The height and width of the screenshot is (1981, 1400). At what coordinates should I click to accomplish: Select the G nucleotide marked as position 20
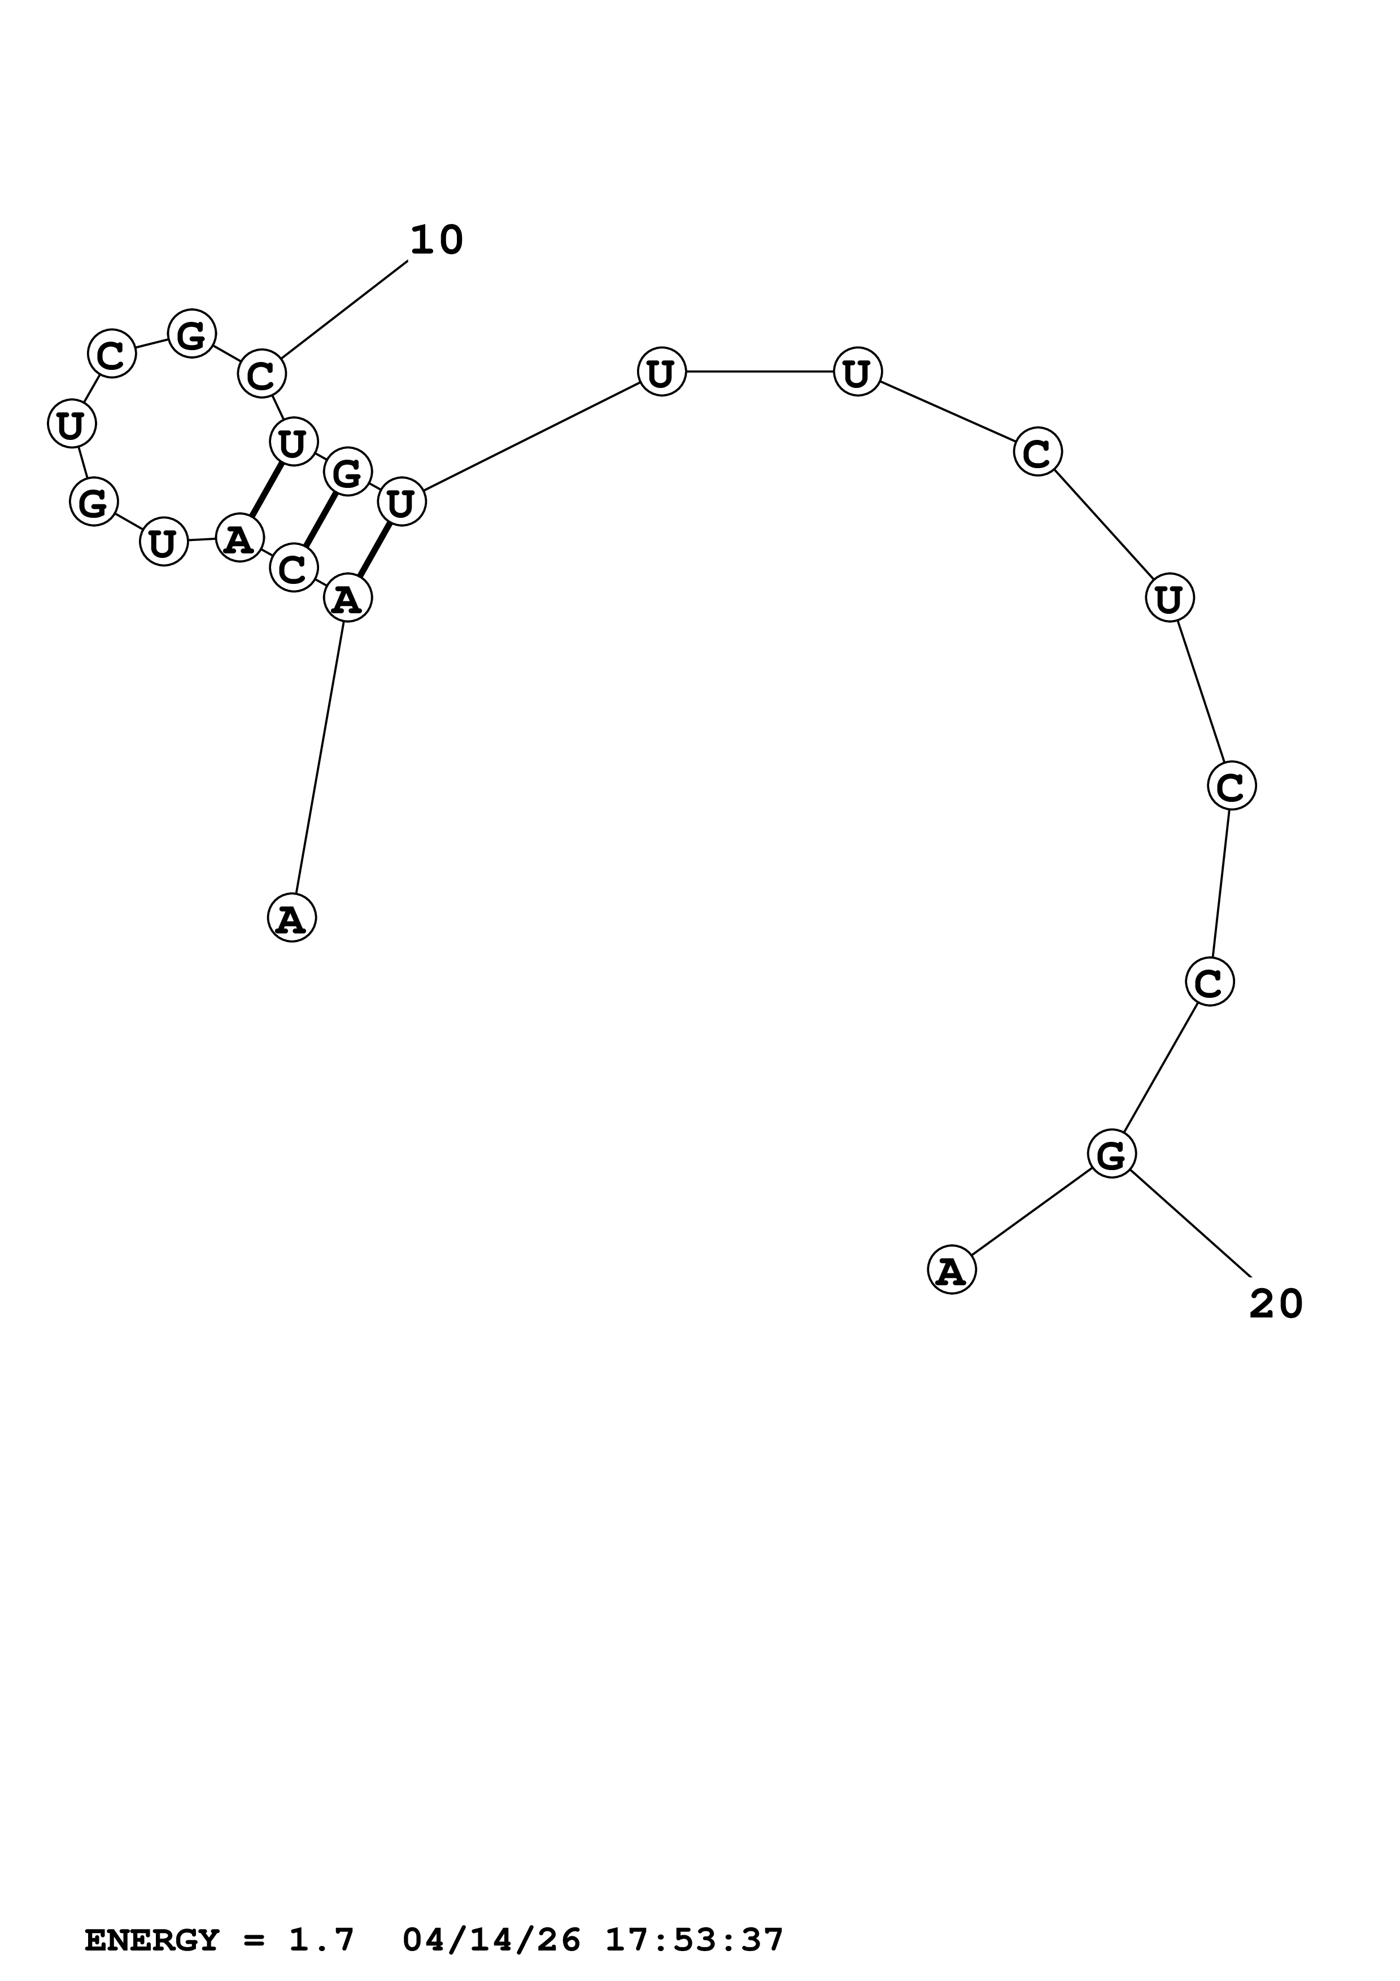point(1111,1154)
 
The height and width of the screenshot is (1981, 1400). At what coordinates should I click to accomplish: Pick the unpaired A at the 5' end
point(291,918)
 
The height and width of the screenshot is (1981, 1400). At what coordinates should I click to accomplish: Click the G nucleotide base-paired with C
point(347,472)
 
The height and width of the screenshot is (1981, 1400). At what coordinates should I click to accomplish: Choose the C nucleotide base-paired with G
point(293,568)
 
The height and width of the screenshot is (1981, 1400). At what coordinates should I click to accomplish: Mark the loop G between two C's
point(191,333)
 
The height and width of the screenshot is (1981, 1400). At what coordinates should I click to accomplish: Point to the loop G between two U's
point(93,501)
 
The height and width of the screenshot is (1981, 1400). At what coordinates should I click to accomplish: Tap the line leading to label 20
point(1190,1225)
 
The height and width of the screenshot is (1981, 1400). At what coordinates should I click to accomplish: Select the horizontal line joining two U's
point(759,372)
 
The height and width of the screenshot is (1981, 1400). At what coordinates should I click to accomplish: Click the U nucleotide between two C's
point(1169,598)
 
